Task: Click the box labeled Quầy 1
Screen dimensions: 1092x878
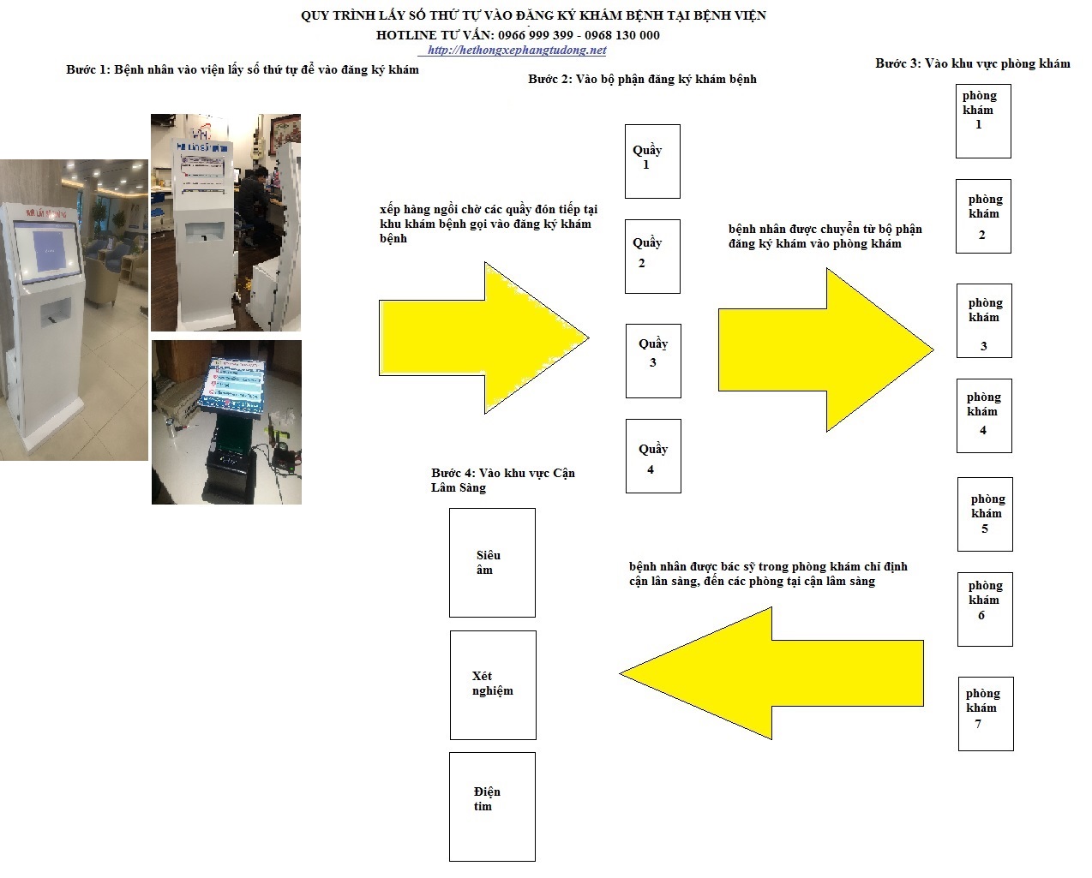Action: coord(652,161)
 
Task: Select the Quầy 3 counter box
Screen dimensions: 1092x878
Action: coord(653,361)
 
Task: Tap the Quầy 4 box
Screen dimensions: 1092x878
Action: coord(653,456)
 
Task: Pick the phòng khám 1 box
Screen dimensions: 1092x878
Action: coord(983,122)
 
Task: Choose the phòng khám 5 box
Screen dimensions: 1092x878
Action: coord(985,514)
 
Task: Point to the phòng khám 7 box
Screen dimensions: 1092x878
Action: coord(986,714)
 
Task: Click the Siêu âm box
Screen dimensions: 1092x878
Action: coord(492,563)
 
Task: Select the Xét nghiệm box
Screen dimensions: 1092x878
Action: coord(493,685)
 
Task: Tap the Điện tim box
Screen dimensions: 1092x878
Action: coord(492,807)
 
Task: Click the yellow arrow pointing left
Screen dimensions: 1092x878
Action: coord(771,673)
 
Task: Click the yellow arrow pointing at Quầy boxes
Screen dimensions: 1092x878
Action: coord(484,337)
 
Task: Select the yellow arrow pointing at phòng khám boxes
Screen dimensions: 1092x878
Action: coord(826,350)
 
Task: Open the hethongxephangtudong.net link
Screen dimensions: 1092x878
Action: coord(517,51)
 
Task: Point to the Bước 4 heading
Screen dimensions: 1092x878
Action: coord(503,480)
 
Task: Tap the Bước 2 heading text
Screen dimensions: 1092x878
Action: coord(642,79)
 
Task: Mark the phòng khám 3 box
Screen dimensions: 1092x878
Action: coord(984,320)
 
